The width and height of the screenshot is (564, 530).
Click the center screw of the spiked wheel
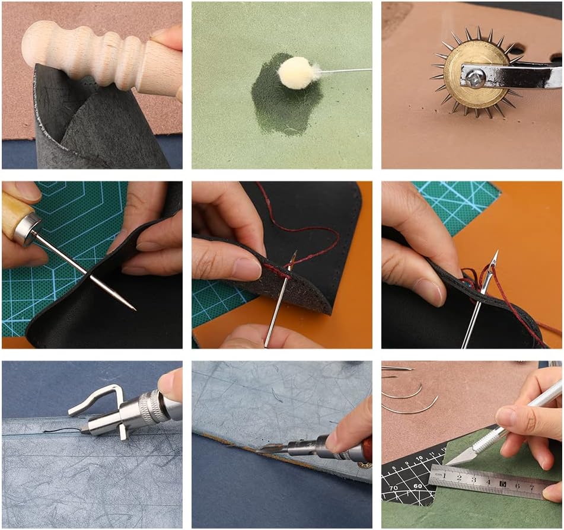(x=476, y=75)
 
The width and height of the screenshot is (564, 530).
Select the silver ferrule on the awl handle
(x=27, y=228)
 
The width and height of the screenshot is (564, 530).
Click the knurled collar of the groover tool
(x=153, y=406)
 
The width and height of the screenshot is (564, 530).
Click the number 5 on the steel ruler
(x=502, y=484)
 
